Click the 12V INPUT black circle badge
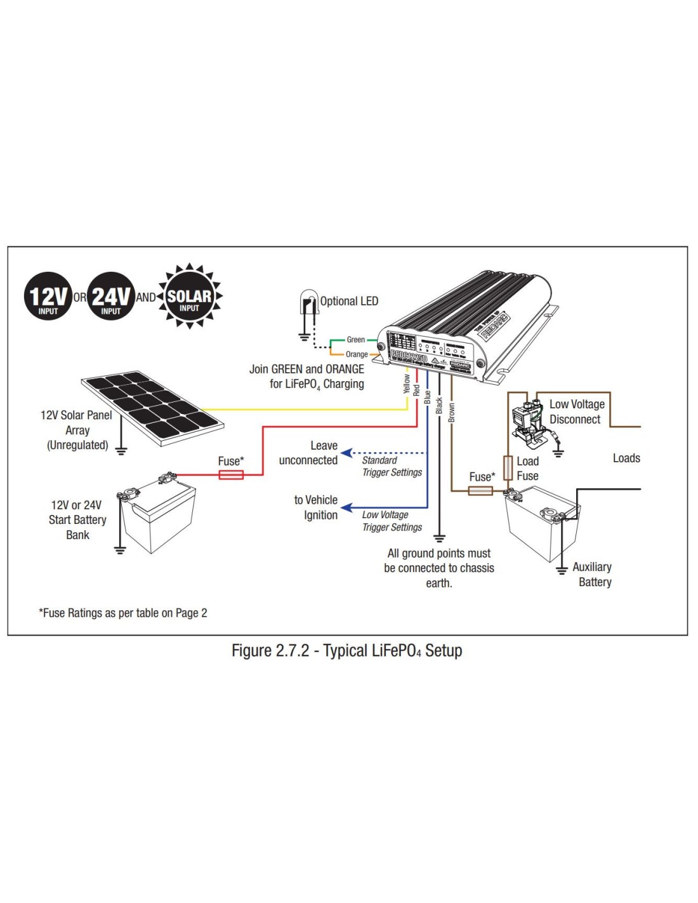(x=48, y=296)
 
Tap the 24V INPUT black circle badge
(x=111, y=296)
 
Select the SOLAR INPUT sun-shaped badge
(x=189, y=297)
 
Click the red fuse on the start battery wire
(x=231, y=474)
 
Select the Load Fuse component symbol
(x=508, y=467)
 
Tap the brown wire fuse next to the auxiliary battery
(x=480, y=490)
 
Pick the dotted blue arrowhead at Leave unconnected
(x=346, y=453)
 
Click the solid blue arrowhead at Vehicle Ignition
(x=346, y=507)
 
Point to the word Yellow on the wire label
(x=407, y=384)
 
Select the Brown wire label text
(x=451, y=412)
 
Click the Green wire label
(x=355, y=340)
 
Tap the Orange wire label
(x=357, y=354)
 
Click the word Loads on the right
(x=626, y=458)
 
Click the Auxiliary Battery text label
(x=593, y=574)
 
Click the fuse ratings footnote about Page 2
(x=123, y=613)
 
